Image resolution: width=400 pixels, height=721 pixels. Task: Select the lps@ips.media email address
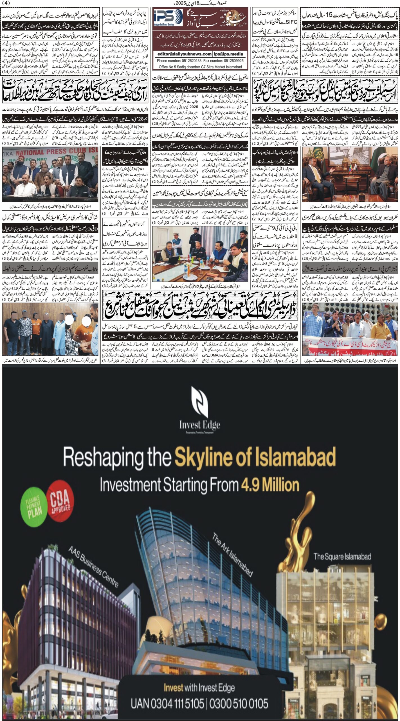click(x=228, y=54)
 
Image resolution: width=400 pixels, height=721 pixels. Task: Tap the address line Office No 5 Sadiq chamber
click(x=200, y=67)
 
